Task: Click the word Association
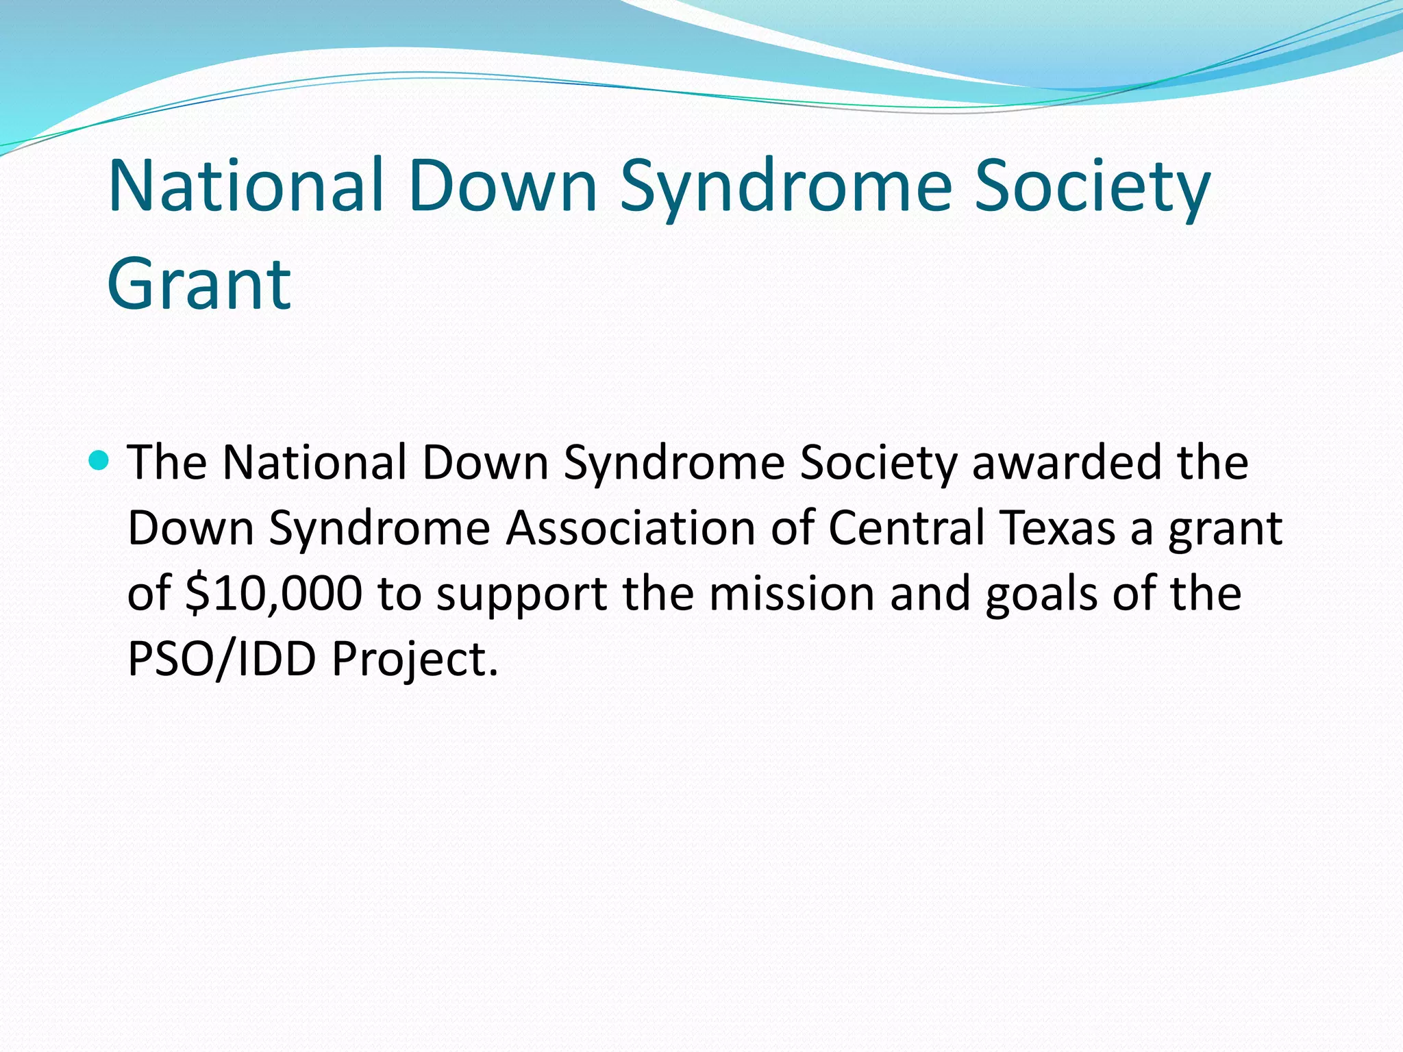630,528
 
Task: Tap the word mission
791,593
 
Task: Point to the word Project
415,659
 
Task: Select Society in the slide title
1092,186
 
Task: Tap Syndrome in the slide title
786,186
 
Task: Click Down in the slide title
504,186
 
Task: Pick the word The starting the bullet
167,462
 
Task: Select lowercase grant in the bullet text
1226,528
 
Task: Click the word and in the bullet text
930,593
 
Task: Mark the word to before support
399,593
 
